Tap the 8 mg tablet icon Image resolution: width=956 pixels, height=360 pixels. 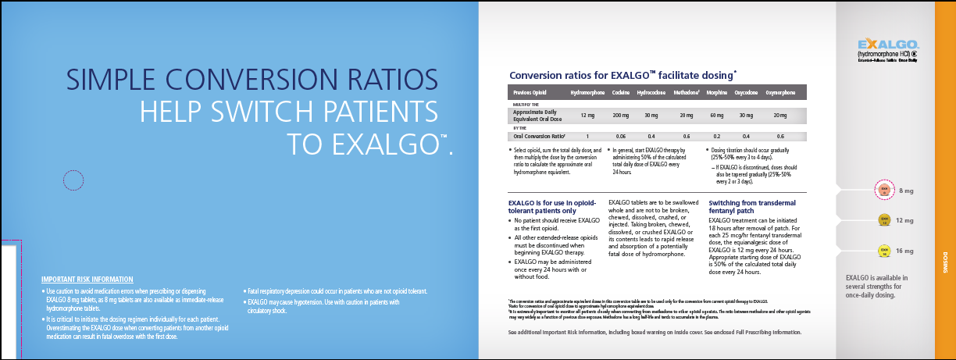coord(885,191)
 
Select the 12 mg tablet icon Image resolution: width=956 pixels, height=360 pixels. coord(885,220)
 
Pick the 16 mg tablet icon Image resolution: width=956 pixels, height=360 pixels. coord(885,251)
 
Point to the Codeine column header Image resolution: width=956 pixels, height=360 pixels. coord(621,93)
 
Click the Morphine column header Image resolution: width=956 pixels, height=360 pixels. coord(718,93)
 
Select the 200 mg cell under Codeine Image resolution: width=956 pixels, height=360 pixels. coord(621,116)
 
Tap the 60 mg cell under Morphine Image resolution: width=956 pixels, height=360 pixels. coord(717,116)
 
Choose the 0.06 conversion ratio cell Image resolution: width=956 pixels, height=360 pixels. coord(621,136)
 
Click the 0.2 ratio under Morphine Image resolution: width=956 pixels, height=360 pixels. coord(717,136)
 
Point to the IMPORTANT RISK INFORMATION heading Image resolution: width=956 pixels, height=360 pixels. coord(87,280)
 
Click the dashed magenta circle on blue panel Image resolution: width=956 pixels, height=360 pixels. coord(73,181)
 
